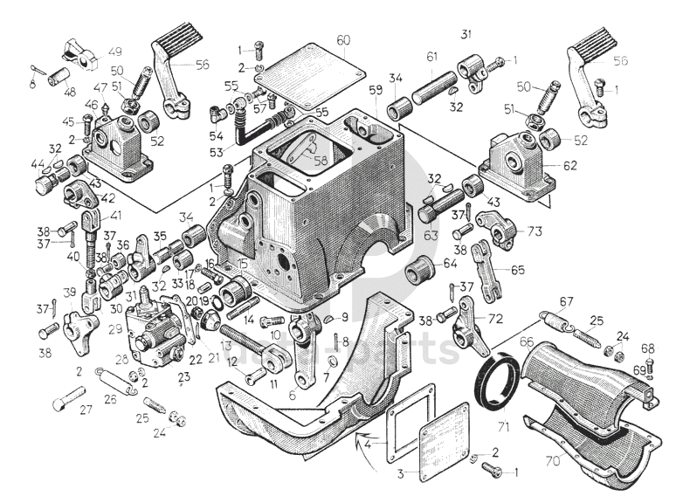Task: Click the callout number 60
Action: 342,40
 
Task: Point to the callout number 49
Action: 115,52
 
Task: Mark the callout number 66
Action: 526,341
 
